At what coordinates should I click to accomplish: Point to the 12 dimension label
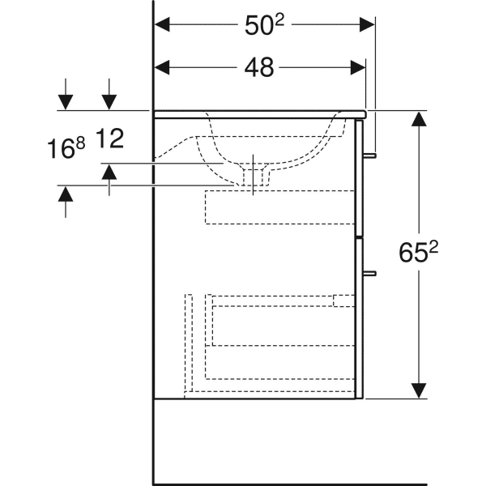tap(109, 139)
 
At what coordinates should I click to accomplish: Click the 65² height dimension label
tap(419, 254)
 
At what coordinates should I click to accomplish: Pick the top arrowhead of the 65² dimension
tap(419, 120)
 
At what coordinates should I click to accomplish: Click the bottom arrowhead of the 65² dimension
tap(419, 390)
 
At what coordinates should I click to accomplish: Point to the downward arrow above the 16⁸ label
tap(66, 100)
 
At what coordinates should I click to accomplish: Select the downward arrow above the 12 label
tap(109, 100)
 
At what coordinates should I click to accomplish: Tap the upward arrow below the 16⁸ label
tap(66, 194)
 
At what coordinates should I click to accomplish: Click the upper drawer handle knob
tap(372, 154)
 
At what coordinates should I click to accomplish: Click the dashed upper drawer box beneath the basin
tap(280, 207)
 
